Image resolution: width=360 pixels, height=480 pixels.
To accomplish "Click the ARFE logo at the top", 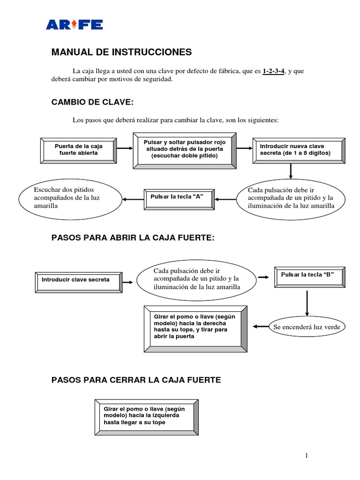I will tap(74, 24).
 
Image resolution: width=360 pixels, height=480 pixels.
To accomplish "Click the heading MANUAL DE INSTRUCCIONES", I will tap(121, 52).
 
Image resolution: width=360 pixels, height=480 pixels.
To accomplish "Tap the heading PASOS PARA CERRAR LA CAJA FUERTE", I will tap(136, 380).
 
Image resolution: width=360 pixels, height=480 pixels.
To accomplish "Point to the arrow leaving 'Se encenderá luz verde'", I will tap(260, 326).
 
